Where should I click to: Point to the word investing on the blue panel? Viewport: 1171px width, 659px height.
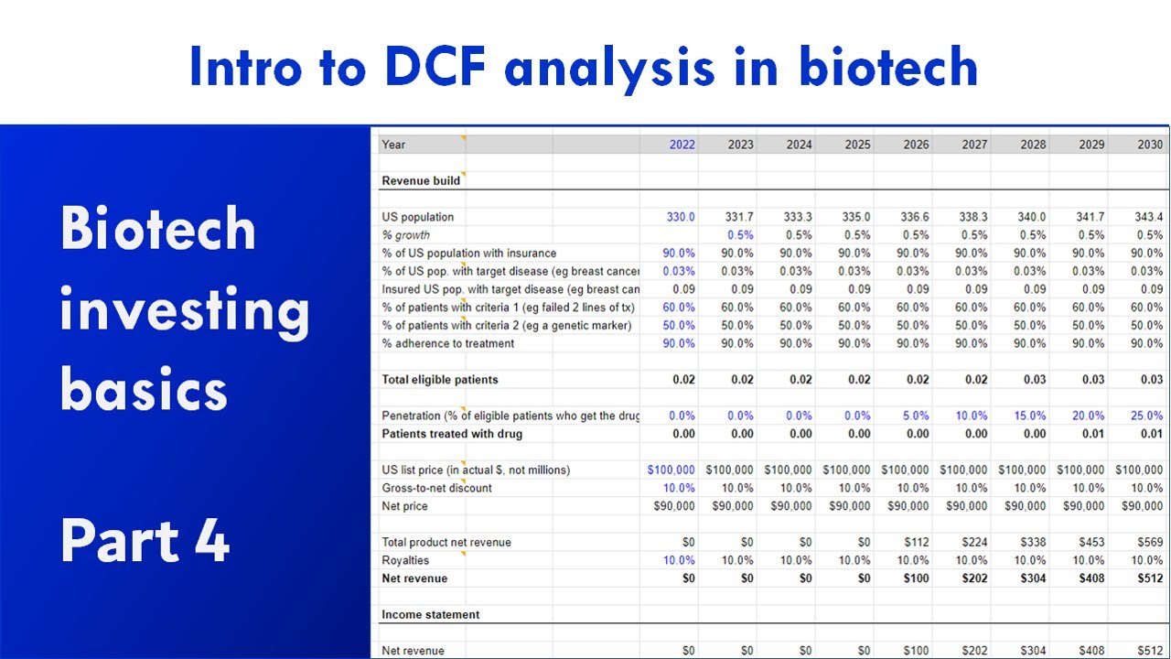click(185, 311)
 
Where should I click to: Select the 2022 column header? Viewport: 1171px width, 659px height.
click(682, 145)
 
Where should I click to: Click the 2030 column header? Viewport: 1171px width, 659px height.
click(1150, 145)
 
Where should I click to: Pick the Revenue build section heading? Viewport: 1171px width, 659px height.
click(421, 181)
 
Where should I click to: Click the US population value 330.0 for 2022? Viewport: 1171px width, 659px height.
click(680, 217)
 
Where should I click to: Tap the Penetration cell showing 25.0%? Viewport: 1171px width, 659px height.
click(1146, 416)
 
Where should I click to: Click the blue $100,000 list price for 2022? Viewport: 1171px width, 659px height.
click(671, 470)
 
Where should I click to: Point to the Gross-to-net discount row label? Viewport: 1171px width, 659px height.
click(436, 488)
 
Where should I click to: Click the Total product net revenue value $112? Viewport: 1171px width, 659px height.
click(916, 543)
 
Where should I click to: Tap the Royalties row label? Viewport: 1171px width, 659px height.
click(405, 560)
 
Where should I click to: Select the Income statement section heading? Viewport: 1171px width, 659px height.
click(431, 615)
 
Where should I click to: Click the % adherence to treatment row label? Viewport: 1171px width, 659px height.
click(447, 343)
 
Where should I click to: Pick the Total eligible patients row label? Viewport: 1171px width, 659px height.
click(440, 380)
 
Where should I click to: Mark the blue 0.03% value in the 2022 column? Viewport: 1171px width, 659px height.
click(678, 271)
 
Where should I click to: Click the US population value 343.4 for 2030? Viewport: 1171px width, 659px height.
click(1148, 217)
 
